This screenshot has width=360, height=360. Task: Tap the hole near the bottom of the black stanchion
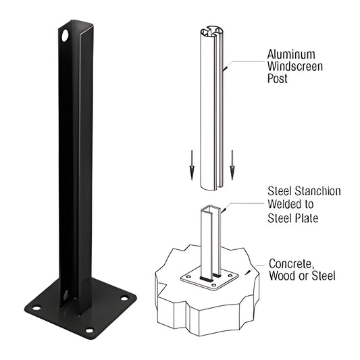pyautogui.click(x=66, y=295)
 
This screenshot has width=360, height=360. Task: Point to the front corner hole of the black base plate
pyautogui.click(x=88, y=330)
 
